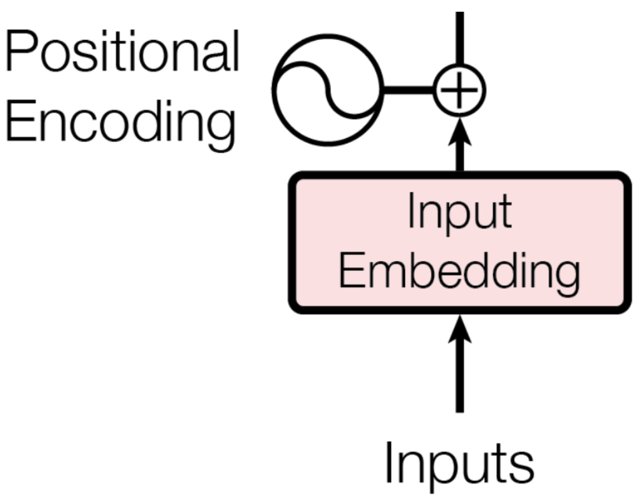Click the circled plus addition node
(x=459, y=90)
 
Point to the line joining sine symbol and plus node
(x=409, y=90)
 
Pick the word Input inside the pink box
(x=459, y=211)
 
